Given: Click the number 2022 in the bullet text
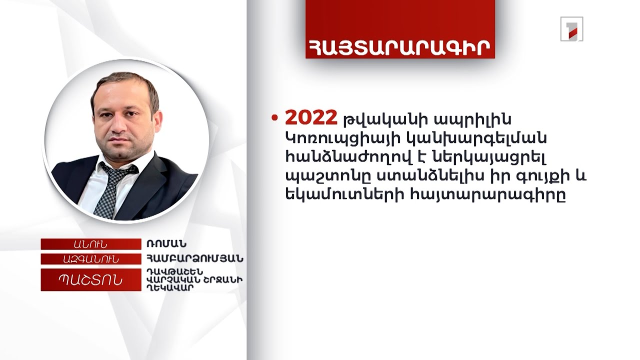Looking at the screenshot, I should point(311,118).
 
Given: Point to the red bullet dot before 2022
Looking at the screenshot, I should point(274,118).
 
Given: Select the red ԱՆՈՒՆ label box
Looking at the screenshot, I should point(90,244).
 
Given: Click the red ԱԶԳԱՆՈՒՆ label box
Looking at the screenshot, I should point(90,259).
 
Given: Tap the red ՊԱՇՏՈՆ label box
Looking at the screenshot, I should point(90,280).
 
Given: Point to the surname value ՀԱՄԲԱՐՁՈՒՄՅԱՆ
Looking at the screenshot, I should point(194,259).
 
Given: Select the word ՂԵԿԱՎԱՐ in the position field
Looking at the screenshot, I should point(165,288).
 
